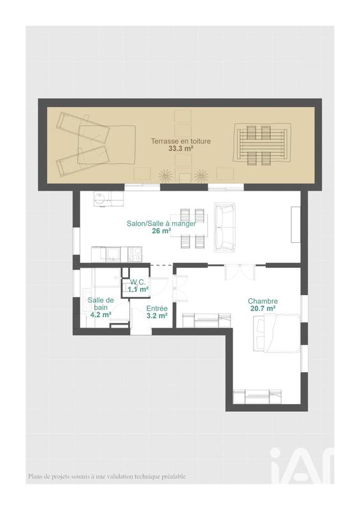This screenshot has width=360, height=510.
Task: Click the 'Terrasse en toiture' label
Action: coord(180,141)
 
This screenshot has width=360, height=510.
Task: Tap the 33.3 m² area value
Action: coord(180,149)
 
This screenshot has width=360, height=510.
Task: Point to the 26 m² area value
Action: coord(161,231)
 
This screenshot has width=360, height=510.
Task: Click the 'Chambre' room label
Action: coord(263,301)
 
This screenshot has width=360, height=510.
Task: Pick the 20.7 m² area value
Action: coord(263,309)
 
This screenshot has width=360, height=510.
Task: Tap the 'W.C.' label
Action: coord(138,282)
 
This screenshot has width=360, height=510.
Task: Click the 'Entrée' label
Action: coord(157,308)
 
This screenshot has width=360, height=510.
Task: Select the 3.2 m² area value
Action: coord(157,316)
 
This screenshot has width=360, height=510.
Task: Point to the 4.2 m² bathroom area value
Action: coord(101,315)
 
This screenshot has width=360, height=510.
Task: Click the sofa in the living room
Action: coord(224,227)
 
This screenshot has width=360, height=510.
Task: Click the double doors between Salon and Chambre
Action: coord(240,272)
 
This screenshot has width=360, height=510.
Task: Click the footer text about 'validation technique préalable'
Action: coord(107,476)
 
